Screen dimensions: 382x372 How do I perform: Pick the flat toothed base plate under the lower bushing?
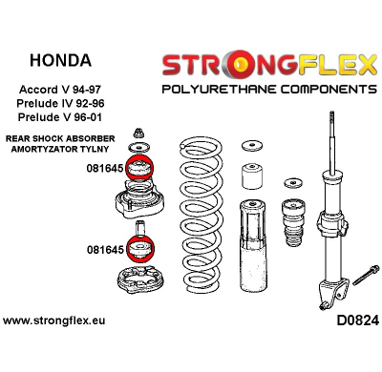141,284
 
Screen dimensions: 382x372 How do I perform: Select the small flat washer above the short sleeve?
252,146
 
